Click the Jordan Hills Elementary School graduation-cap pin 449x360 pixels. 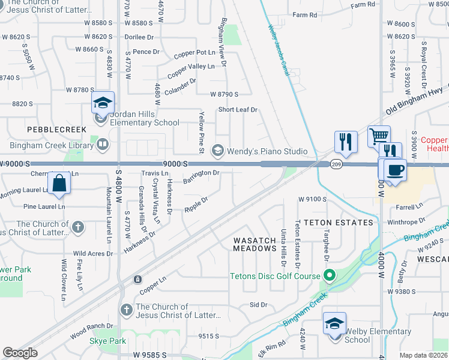pos(103,103)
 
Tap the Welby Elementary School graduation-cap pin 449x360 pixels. pos(334,323)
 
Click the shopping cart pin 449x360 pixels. pos(379,136)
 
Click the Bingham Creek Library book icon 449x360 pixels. pos(103,143)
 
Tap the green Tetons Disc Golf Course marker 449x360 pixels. pos(328,276)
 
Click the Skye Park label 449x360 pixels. pos(108,341)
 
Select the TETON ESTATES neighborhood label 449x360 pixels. pos(339,223)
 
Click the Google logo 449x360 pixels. pos(20,352)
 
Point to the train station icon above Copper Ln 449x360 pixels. pos(138,279)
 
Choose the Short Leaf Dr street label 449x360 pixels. pos(237,110)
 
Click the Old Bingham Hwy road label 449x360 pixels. pos(414,101)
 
